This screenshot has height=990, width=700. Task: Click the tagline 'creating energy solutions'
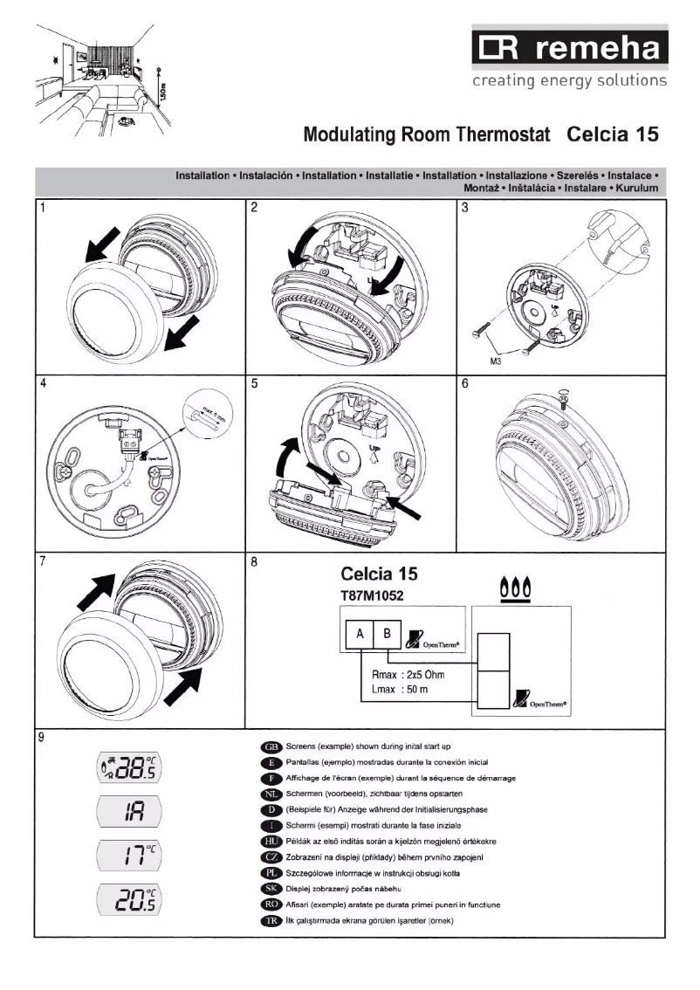568,81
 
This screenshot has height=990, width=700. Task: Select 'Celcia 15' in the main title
611,135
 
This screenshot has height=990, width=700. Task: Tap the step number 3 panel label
465,208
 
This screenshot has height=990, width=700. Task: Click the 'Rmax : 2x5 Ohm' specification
402,675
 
